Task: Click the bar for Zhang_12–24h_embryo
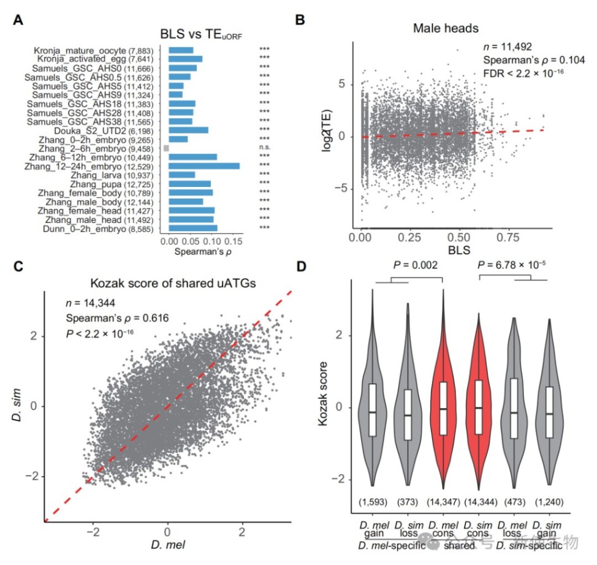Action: click(203, 165)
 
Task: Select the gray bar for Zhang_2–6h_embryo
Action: click(166, 148)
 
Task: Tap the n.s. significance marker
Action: click(265, 148)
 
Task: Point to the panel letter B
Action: click(300, 20)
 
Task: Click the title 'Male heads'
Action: click(436, 28)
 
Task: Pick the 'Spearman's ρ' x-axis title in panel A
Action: click(200, 251)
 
